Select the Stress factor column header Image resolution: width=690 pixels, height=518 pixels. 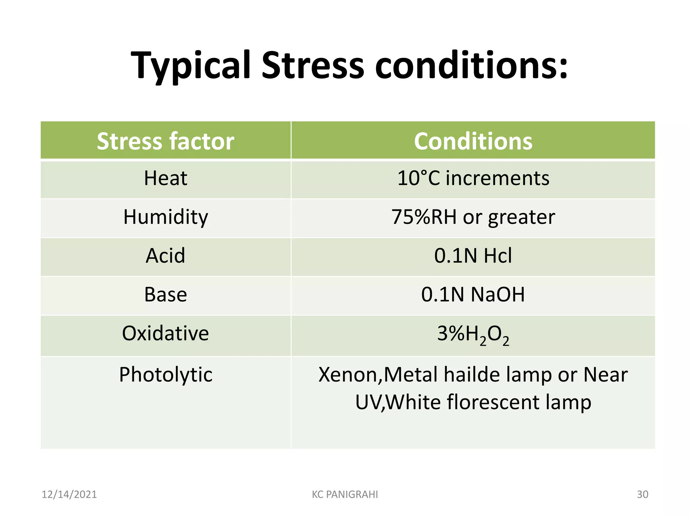pos(165,141)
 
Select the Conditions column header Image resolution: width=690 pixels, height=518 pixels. pos(473,141)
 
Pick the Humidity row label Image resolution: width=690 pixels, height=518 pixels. pos(165,217)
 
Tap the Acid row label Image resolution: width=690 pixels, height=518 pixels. pos(165,255)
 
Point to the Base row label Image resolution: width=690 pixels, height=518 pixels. pos(165,294)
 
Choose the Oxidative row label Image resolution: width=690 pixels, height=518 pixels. pos(165,333)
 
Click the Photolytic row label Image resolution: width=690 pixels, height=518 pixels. pos(165,374)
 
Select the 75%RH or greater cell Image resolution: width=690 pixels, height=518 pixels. pos(473,217)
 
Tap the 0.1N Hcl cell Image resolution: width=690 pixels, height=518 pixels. pos(473,255)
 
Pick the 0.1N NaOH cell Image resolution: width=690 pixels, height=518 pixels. pos(473,294)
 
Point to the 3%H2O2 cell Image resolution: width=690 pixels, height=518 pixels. pos(473,335)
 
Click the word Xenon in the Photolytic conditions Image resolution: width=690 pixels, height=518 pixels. pos(349,375)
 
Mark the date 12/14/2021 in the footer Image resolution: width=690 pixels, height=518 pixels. pos(69,494)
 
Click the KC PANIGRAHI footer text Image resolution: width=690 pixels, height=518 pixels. pos(345,494)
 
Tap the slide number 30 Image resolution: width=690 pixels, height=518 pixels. pos(642,494)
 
